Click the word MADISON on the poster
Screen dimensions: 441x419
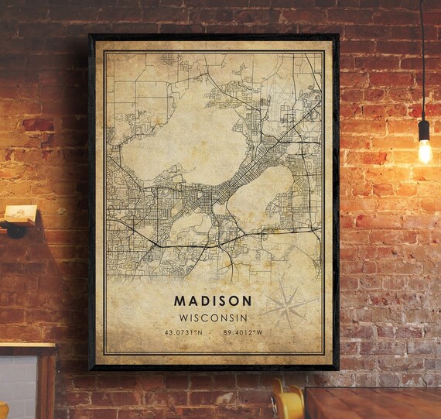(212, 300)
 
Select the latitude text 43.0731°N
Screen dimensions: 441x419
(183, 333)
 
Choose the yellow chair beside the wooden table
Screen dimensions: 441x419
(288, 403)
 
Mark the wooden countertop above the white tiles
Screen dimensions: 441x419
(27, 348)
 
